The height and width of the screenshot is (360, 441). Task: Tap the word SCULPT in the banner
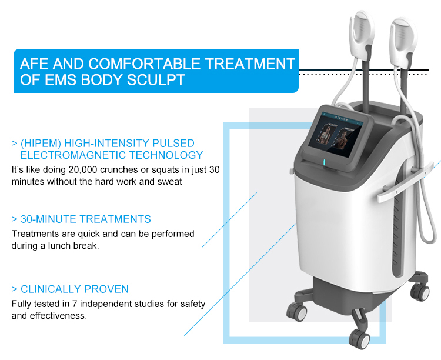tap(156, 79)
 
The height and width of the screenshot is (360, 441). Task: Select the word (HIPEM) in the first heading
tap(41, 144)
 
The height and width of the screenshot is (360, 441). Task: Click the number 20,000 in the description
tap(83, 170)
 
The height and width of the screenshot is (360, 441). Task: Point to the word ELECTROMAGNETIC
tap(73, 155)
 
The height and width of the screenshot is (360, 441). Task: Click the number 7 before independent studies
tap(74, 304)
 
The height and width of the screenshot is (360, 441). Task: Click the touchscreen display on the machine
tap(335, 135)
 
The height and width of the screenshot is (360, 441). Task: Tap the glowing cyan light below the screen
tap(324, 162)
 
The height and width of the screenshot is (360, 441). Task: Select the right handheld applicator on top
tap(403, 42)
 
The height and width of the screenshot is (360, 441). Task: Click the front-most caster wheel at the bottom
tap(360, 339)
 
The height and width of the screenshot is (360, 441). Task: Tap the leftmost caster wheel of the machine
tap(296, 312)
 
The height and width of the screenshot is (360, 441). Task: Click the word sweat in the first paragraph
tap(169, 182)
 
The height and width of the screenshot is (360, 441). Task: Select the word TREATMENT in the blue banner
tap(250, 64)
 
